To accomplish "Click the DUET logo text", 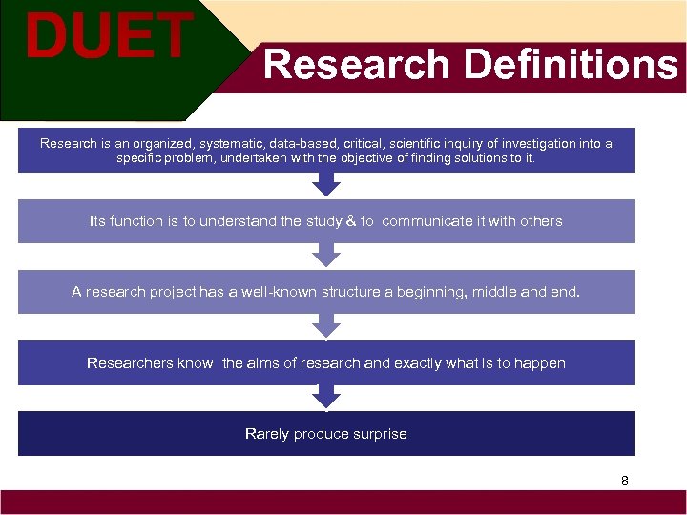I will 108,37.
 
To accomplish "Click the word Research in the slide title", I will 356,65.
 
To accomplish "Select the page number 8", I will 625,481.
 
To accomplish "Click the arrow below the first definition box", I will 326,184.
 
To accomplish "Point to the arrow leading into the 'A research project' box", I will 326,255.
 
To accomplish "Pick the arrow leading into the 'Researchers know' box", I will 326,325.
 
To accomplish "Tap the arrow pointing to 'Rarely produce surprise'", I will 326,397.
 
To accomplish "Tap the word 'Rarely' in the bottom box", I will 267,434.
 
